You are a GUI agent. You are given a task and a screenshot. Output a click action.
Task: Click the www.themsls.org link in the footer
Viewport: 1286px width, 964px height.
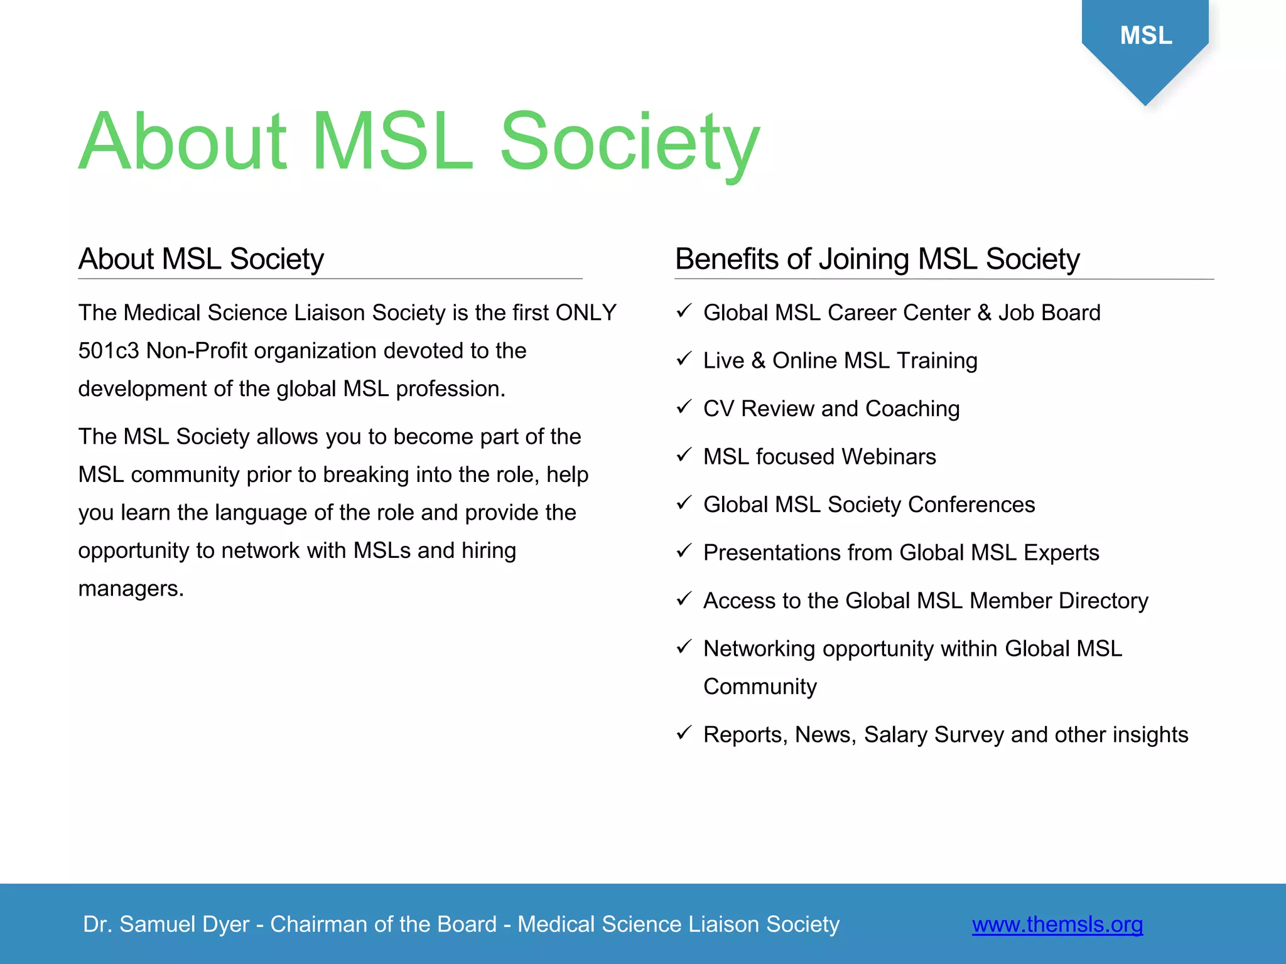point(1057,924)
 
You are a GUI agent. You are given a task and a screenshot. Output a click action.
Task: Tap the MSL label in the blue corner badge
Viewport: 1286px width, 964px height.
point(1145,36)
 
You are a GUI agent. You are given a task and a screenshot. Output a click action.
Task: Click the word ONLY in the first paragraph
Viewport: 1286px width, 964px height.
point(585,313)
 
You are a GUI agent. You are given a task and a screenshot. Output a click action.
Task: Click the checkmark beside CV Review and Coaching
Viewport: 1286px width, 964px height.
point(684,407)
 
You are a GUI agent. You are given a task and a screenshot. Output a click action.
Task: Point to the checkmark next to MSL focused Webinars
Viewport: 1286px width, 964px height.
point(684,455)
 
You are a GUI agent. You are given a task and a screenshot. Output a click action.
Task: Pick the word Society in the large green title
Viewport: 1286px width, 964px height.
point(629,143)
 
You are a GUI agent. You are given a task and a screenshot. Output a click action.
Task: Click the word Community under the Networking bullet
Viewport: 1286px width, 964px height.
point(760,687)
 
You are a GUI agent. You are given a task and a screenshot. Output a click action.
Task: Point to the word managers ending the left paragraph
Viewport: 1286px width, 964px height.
point(130,589)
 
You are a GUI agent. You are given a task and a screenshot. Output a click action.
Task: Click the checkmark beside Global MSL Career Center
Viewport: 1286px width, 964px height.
point(684,311)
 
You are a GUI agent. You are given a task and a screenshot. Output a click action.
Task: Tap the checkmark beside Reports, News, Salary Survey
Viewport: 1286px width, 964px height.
point(684,732)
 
